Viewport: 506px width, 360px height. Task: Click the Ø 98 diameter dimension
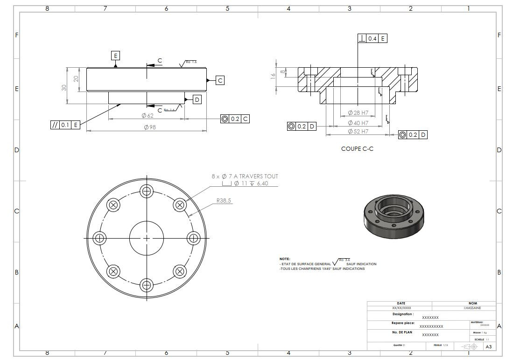pyautogui.click(x=149, y=127)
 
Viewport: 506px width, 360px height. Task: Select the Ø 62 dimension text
pyautogui.click(x=147, y=115)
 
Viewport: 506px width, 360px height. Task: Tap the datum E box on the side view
pyautogui.click(x=115, y=56)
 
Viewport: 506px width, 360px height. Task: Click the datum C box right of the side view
pyautogui.click(x=220, y=80)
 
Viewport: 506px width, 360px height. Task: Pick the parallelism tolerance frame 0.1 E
pyautogui.click(x=65, y=125)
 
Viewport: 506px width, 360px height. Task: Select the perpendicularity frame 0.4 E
pyautogui.click(x=372, y=38)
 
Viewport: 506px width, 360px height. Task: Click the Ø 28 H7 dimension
pyautogui.click(x=358, y=113)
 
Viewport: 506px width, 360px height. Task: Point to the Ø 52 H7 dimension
pyautogui.click(x=358, y=132)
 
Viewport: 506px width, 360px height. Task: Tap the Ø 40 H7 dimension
pyautogui.click(x=358, y=122)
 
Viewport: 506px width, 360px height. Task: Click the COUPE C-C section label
pyautogui.click(x=357, y=149)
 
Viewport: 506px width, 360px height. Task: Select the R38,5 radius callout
pyautogui.click(x=224, y=200)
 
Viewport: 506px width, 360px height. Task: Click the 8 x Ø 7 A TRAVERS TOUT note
pyautogui.click(x=245, y=176)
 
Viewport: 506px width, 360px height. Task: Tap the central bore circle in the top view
pyautogui.click(x=147, y=238)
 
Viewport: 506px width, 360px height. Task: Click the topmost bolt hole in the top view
pyautogui.click(x=147, y=191)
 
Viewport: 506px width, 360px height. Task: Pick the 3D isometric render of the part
pyautogui.click(x=394, y=215)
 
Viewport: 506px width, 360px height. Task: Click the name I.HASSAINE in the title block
pyautogui.click(x=472, y=308)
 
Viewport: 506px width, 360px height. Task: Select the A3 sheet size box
pyautogui.click(x=488, y=346)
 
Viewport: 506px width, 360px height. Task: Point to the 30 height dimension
pyautogui.click(x=64, y=87)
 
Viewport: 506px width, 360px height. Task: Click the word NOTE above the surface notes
pyautogui.click(x=285, y=259)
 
